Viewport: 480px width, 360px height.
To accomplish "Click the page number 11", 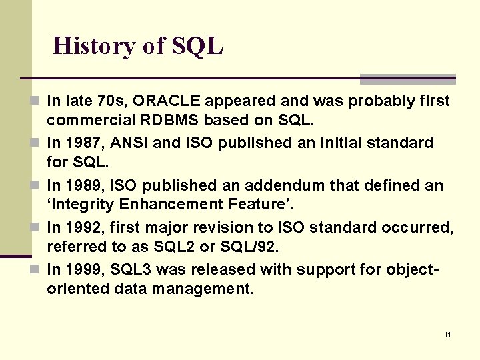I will [447, 334].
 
